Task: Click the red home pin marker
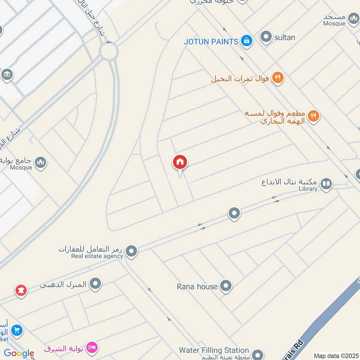coord(180,162)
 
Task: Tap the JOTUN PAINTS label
coord(211,41)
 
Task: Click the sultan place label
coord(285,37)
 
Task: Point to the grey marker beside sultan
coord(266,37)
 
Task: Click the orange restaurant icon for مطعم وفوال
coord(314,117)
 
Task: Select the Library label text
coord(308,189)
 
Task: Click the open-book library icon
coord(326,184)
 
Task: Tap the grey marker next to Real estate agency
coord(131,252)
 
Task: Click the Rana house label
coord(197,286)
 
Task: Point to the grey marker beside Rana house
coord(225,286)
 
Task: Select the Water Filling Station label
coord(214,350)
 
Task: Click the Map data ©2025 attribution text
coord(336,355)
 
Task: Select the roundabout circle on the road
coord(109,51)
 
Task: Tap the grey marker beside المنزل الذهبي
coord(95,284)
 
